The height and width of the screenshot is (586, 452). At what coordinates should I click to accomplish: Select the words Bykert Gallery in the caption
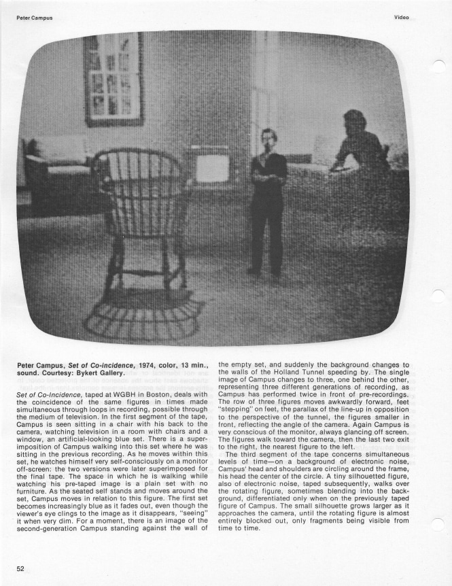[x=103, y=373]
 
